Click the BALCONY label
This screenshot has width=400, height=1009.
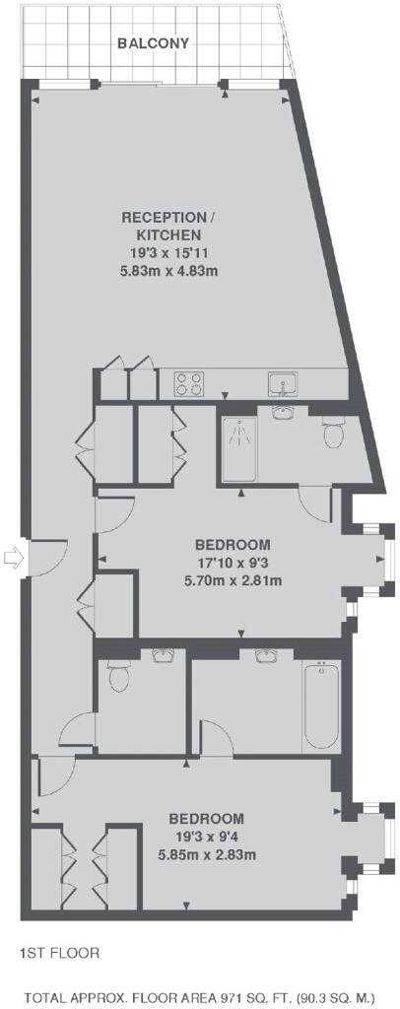click(153, 43)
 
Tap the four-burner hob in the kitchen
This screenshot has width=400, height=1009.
click(189, 385)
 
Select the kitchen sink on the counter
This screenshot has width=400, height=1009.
click(283, 384)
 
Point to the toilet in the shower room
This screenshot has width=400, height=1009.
click(333, 432)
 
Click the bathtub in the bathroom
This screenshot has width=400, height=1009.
click(321, 707)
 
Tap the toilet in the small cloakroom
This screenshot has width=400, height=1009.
click(118, 675)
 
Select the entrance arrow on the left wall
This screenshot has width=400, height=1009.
click(13, 558)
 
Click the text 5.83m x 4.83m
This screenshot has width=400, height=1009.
click(168, 271)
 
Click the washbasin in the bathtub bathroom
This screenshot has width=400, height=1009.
click(266, 655)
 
